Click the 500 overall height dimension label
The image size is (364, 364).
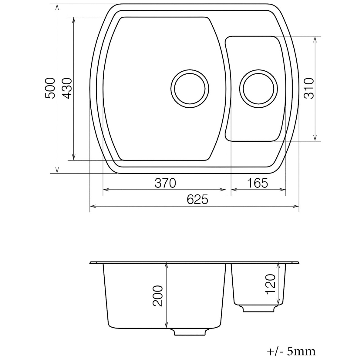50,88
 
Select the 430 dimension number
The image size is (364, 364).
67,88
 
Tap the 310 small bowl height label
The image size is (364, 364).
308,88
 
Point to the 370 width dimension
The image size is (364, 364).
165,183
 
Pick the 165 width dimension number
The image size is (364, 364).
258,183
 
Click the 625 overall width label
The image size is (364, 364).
197,200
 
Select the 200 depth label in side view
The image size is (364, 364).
158,296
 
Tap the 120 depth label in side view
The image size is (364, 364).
270,284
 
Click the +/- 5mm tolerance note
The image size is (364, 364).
291,351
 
